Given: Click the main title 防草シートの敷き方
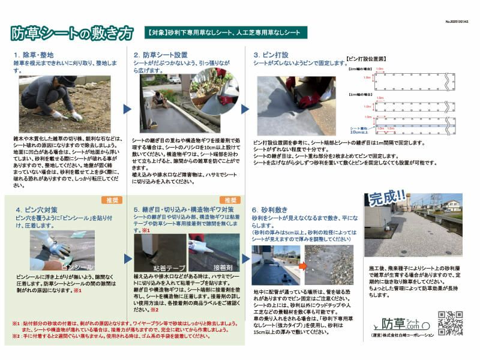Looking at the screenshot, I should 71,34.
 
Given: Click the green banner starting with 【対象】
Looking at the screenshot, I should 226,32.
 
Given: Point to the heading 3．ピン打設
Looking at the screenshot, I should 275,54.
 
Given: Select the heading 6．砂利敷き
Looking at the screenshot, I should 274,209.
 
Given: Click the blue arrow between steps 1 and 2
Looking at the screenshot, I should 127,109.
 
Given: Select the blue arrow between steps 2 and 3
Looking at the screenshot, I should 245,109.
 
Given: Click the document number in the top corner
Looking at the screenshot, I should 457,21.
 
